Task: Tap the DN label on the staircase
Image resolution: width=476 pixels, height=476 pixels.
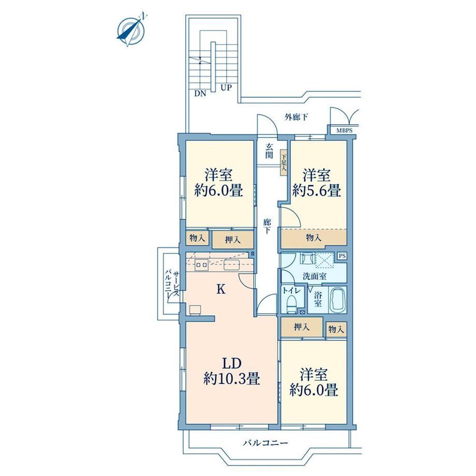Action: click(200, 94)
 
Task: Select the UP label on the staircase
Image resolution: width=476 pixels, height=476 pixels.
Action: click(226, 88)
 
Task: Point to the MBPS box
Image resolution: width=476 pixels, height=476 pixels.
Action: click(344, 131)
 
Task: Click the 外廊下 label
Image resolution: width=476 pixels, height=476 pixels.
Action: click(296, 117)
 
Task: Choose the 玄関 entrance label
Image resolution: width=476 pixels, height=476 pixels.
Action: click(269, 151)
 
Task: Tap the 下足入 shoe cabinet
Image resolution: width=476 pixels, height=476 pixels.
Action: click(284, 162)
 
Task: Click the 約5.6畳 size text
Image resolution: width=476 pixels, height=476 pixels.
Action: click(316, 190)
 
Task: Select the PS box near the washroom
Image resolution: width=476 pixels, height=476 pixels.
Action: click(342, 256)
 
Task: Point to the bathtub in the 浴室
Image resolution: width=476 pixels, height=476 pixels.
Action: click(337, 301)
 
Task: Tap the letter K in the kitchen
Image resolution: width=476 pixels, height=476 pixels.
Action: click(221, 290)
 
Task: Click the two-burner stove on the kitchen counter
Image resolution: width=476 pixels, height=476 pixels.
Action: click(201, 265)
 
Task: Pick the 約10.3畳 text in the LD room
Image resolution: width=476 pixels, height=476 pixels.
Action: click(231, 379)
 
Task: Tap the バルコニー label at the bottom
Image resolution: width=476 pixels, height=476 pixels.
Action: click(265, 443)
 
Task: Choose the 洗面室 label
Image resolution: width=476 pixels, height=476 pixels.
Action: click(315, 277)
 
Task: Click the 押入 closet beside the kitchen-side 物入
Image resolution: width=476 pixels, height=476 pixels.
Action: click(232, 240)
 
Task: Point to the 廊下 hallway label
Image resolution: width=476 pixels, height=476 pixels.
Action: click(267, 226)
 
